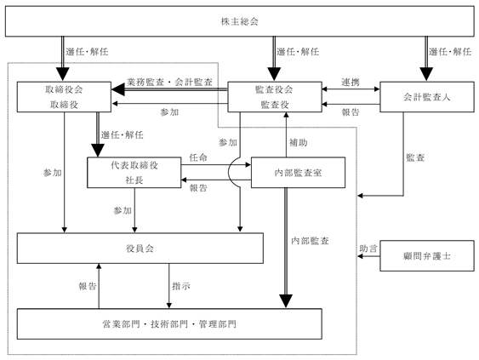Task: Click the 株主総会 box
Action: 240,21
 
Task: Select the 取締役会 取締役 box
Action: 64,97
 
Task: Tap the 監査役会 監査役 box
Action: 275,97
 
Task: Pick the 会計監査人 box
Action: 427,97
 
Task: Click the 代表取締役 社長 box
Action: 134,173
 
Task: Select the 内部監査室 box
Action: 298,173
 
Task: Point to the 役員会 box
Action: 140,249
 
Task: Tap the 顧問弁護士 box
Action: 427,256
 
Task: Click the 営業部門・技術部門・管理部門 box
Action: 169,324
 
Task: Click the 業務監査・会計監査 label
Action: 169,82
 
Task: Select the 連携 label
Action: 351,82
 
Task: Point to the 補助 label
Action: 298,142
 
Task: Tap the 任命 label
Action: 198,157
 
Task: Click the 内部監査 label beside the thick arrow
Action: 310,241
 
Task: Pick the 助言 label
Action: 368,249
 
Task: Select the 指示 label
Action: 181,286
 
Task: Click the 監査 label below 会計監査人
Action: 415,157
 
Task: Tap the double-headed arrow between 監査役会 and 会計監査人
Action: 351,89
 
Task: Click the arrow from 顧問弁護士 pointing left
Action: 368,256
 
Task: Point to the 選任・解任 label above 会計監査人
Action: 450,52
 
